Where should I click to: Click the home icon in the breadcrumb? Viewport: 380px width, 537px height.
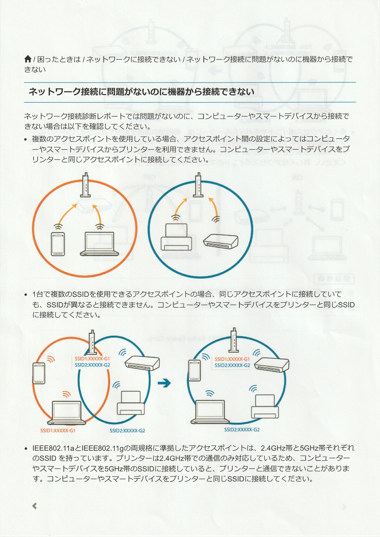point(28,59)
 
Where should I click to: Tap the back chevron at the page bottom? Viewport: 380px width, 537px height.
point(35,506)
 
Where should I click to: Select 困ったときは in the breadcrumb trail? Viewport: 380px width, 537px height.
point(59,59)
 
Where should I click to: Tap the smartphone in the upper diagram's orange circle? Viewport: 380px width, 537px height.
point(58,244)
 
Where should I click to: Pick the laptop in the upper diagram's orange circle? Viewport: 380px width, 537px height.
point(99,244)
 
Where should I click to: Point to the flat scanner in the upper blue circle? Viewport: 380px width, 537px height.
point(221,241)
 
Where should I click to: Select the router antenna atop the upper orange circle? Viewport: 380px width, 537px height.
point(85,185)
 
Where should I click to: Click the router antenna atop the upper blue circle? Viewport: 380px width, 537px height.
point(198,185)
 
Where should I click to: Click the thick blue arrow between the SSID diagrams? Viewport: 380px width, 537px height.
point(164,383)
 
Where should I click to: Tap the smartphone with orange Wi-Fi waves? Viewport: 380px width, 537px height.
point(39,373)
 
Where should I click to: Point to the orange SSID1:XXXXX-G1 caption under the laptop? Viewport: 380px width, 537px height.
point(58,431)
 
